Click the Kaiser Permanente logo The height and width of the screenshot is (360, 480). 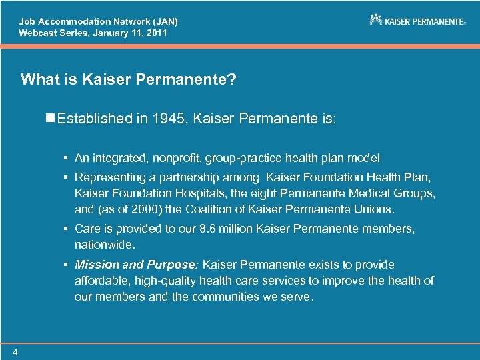[x=417, y=21]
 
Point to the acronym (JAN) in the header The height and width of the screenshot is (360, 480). [x=161, y=21]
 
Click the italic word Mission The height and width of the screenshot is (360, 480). [x=95, y=264]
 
